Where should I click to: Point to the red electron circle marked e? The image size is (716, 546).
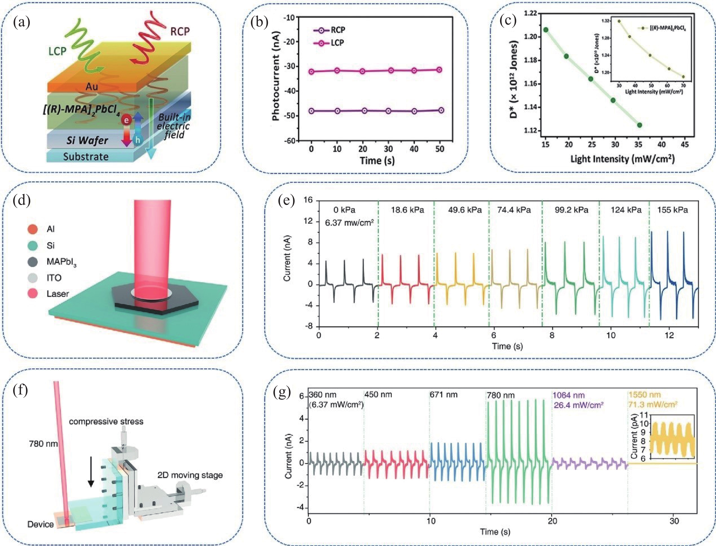coord(126,121)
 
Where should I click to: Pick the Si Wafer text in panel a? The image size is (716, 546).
coord(87,140)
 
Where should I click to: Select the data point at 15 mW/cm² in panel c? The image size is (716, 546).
coord(546,30)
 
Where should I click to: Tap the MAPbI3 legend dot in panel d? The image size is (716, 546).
coord(33,262)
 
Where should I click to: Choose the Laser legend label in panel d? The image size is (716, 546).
coord(58,294)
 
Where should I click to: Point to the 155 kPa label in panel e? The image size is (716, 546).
coord(672,210)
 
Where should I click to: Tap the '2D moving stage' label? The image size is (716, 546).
coord(190,475)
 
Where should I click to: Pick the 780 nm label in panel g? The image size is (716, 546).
coord(500,395)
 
